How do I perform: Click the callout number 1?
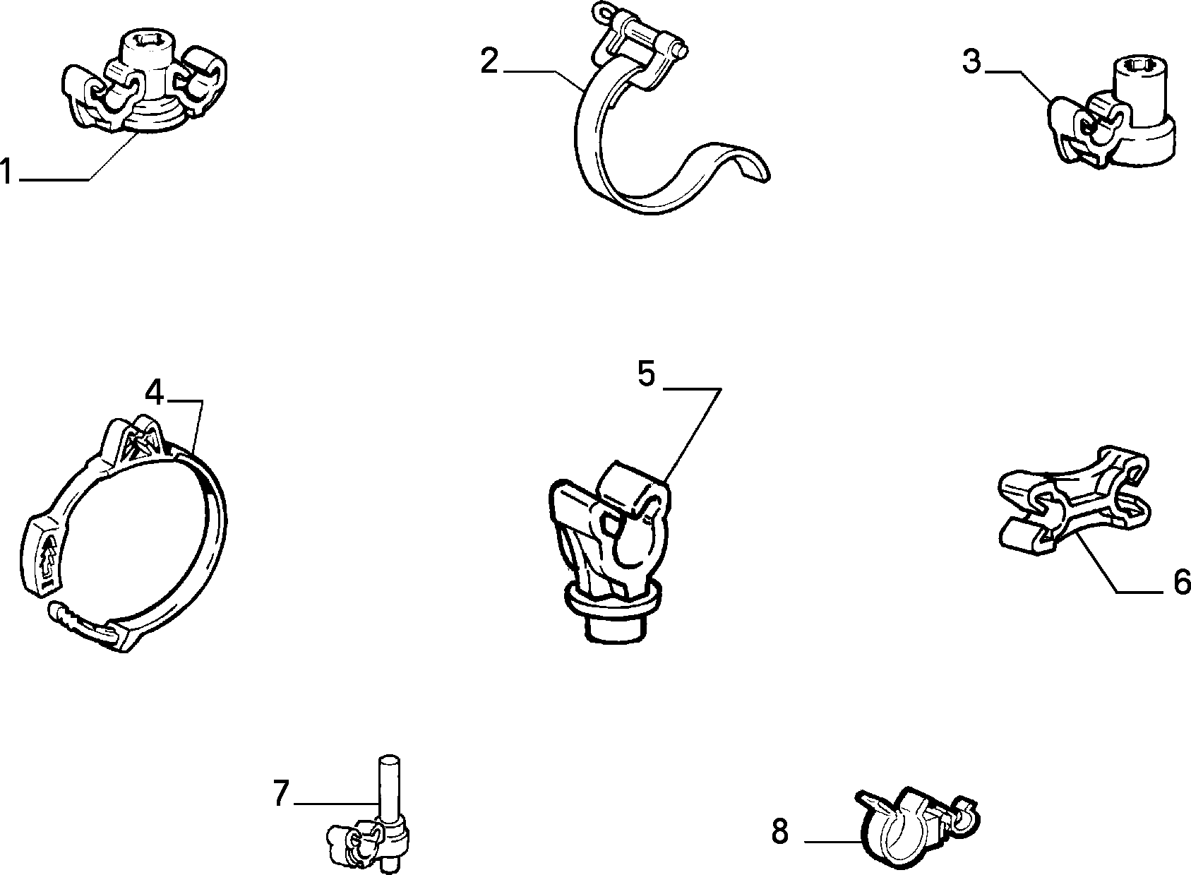click(6, 172)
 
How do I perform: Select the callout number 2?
click(489, 61)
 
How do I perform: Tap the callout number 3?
click(971, 61)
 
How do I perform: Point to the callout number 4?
click(154, 393)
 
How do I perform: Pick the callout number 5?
click(647, 374)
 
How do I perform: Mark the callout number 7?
click(281, 792)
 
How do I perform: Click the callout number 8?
click(780, 832)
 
